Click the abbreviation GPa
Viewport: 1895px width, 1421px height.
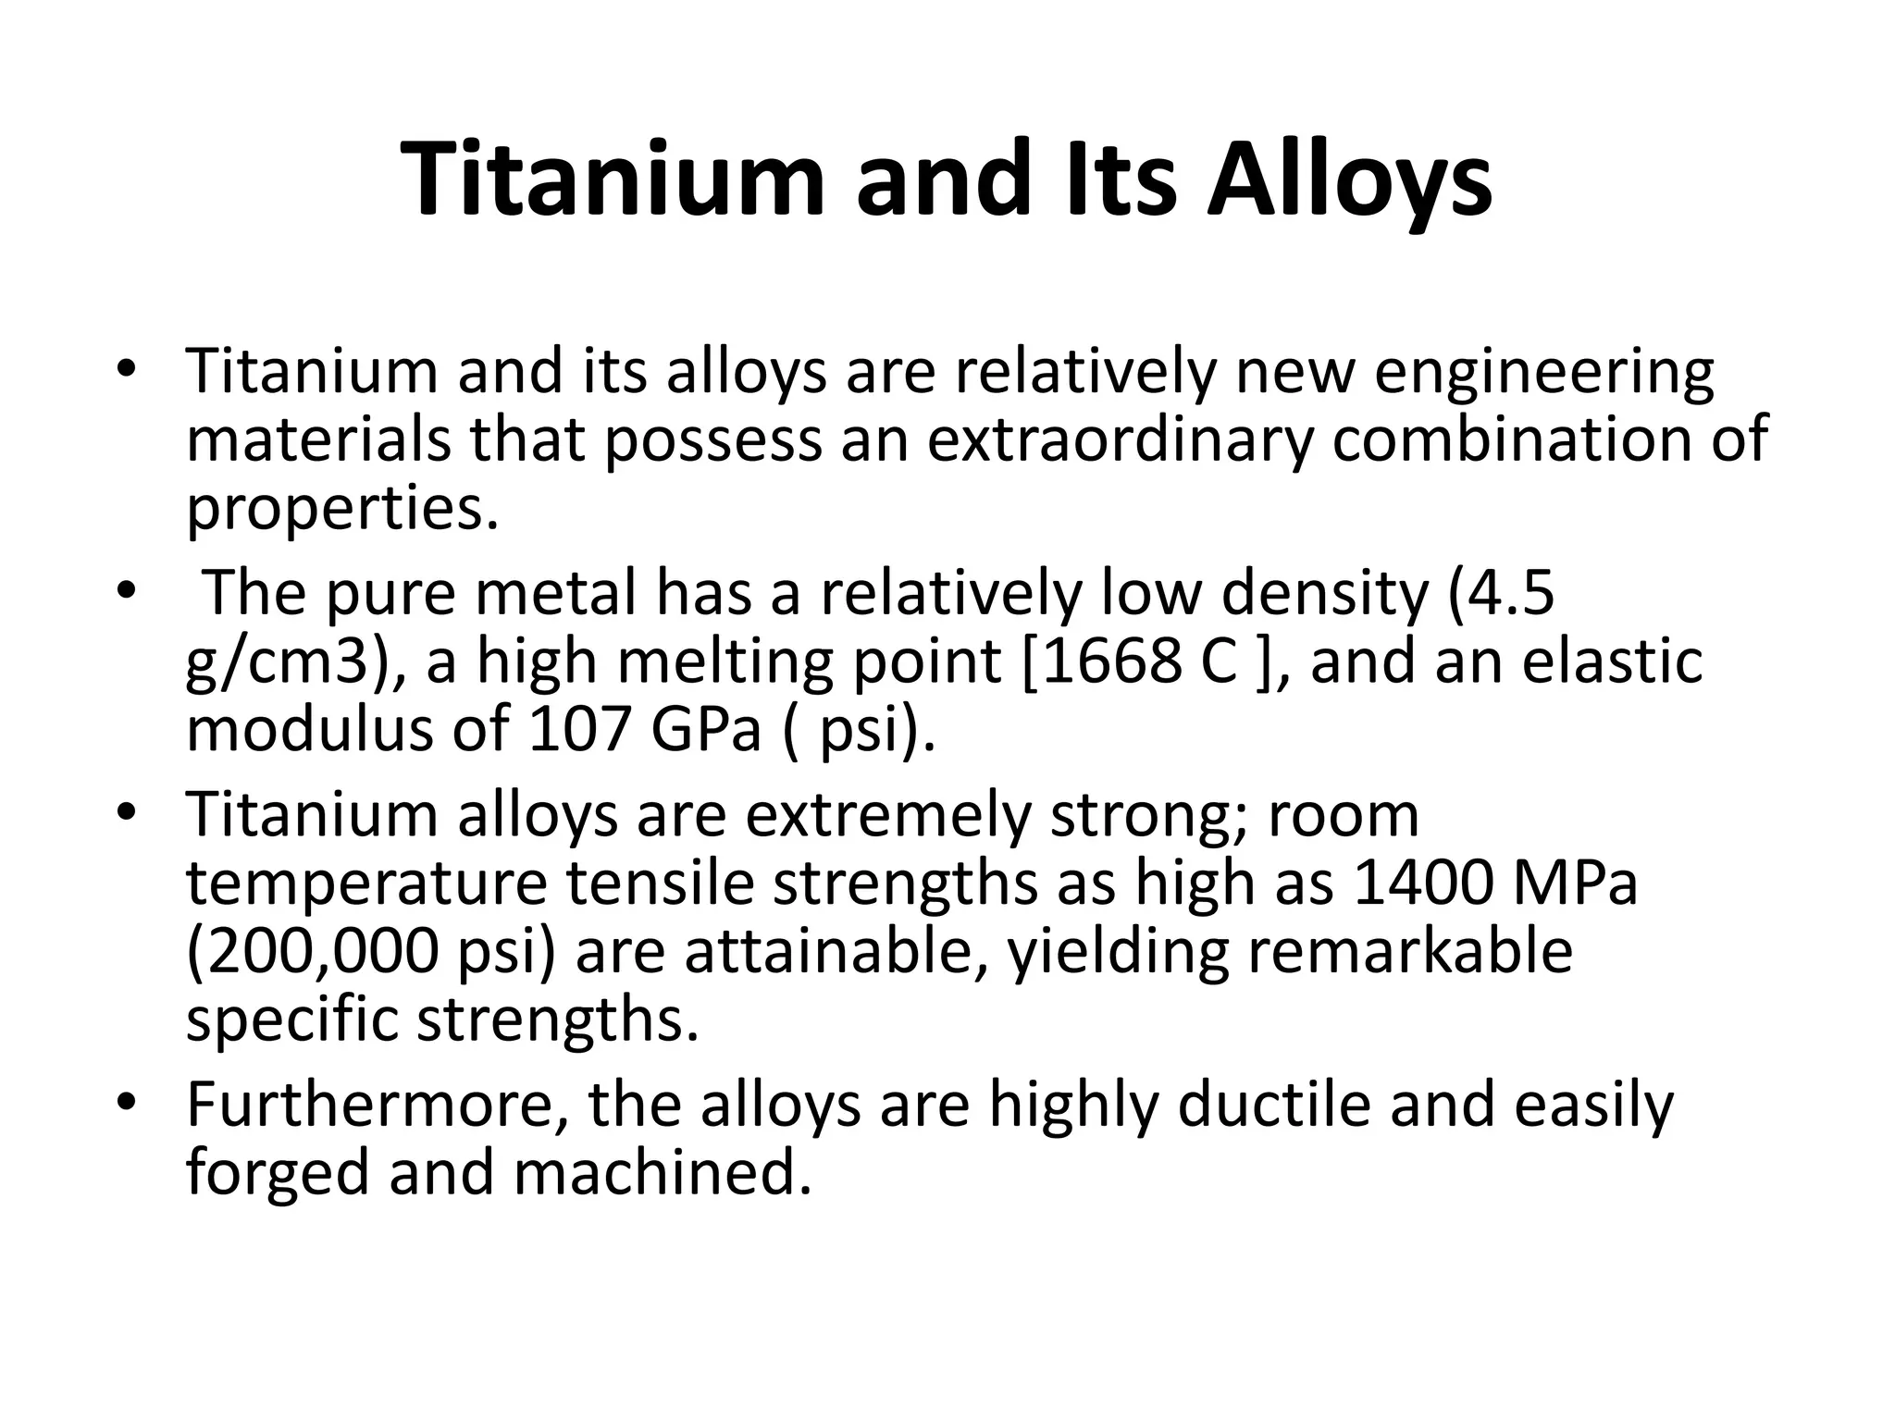coord(706,729)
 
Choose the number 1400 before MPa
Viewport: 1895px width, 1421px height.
coord(1422,883)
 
